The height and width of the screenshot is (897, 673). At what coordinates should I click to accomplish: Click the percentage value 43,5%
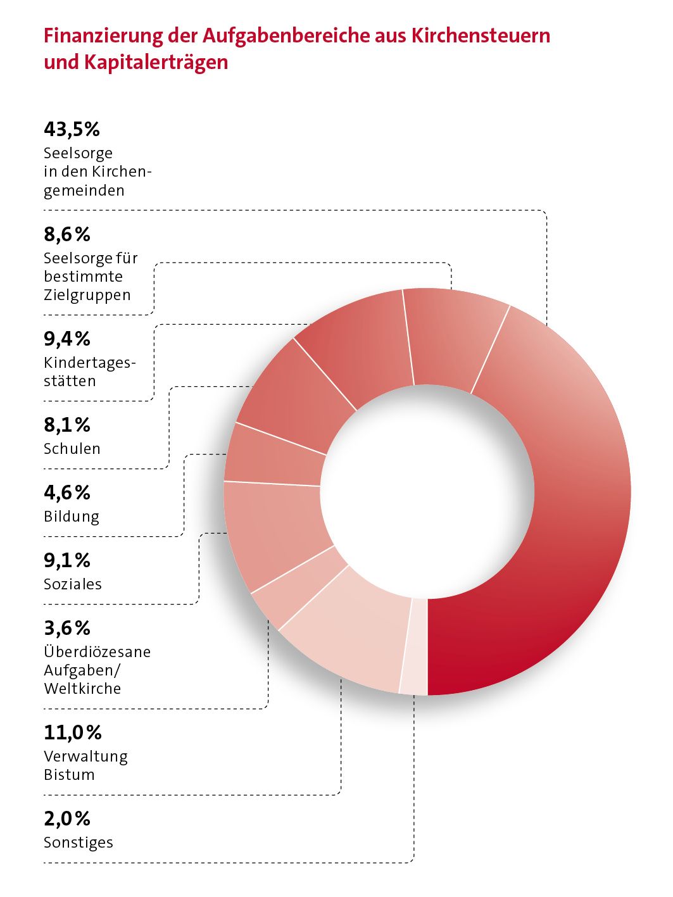72,129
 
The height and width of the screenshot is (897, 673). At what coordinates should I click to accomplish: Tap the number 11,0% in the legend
73,732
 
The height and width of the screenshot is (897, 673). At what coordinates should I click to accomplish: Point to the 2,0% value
67,819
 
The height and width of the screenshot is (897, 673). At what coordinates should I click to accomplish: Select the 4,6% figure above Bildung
67,492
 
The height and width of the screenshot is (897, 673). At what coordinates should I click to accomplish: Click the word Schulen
72,449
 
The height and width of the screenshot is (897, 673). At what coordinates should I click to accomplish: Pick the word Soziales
73,584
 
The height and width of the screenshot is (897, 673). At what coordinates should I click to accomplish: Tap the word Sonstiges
79,843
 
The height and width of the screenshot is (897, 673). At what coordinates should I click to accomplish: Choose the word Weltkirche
82,689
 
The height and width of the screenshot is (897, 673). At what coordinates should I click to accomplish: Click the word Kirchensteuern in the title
481,36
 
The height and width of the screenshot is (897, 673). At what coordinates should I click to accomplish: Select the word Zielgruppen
87,295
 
